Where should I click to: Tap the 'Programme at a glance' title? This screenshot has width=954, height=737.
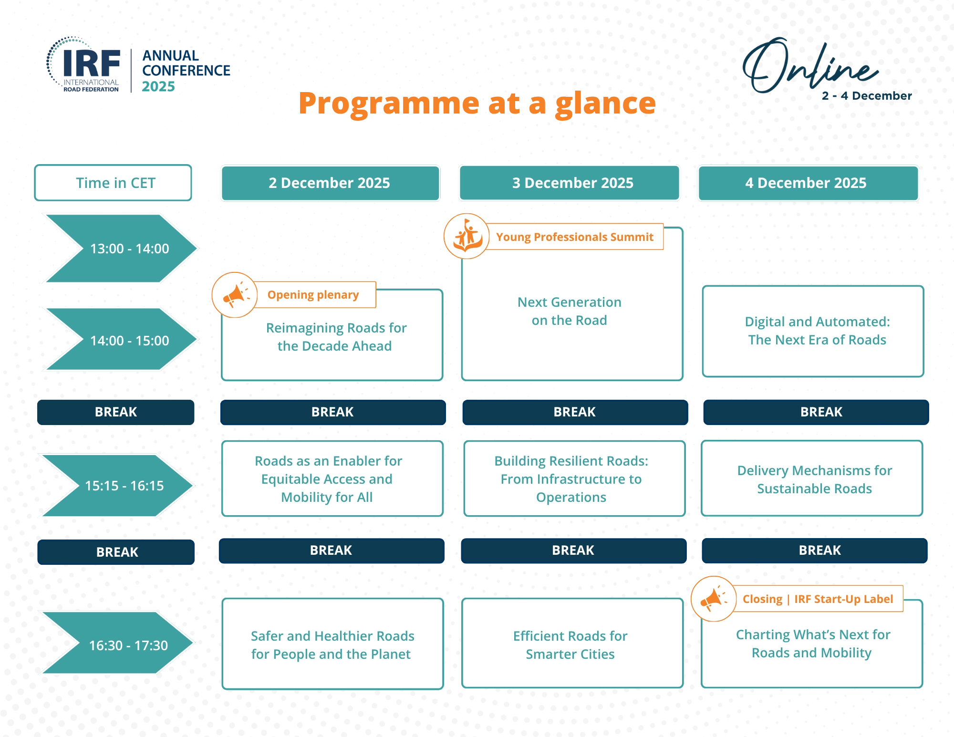click(x=477, y=103)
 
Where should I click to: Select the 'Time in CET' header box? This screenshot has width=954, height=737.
click(x=114, y=183)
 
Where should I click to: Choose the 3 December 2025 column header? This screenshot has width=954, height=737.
click(x=570, y=183)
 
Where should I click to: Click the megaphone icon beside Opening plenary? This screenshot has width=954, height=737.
click(x=234, y=295)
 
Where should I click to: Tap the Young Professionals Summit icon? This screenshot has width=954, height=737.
click(x=467, y=237)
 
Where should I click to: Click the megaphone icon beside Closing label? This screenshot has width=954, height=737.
click(x=714, y=599)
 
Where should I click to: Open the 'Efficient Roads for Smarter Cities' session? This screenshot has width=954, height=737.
click(x=571, y=645)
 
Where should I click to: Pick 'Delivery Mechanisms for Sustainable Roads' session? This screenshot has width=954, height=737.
click(x=814, y=479)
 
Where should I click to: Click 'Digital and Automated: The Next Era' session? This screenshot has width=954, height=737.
click(x=816, y=331)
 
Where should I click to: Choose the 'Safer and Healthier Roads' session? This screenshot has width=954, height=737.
click(x=332, y=645)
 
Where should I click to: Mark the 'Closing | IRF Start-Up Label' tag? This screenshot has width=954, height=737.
click(x=818, y=599)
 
